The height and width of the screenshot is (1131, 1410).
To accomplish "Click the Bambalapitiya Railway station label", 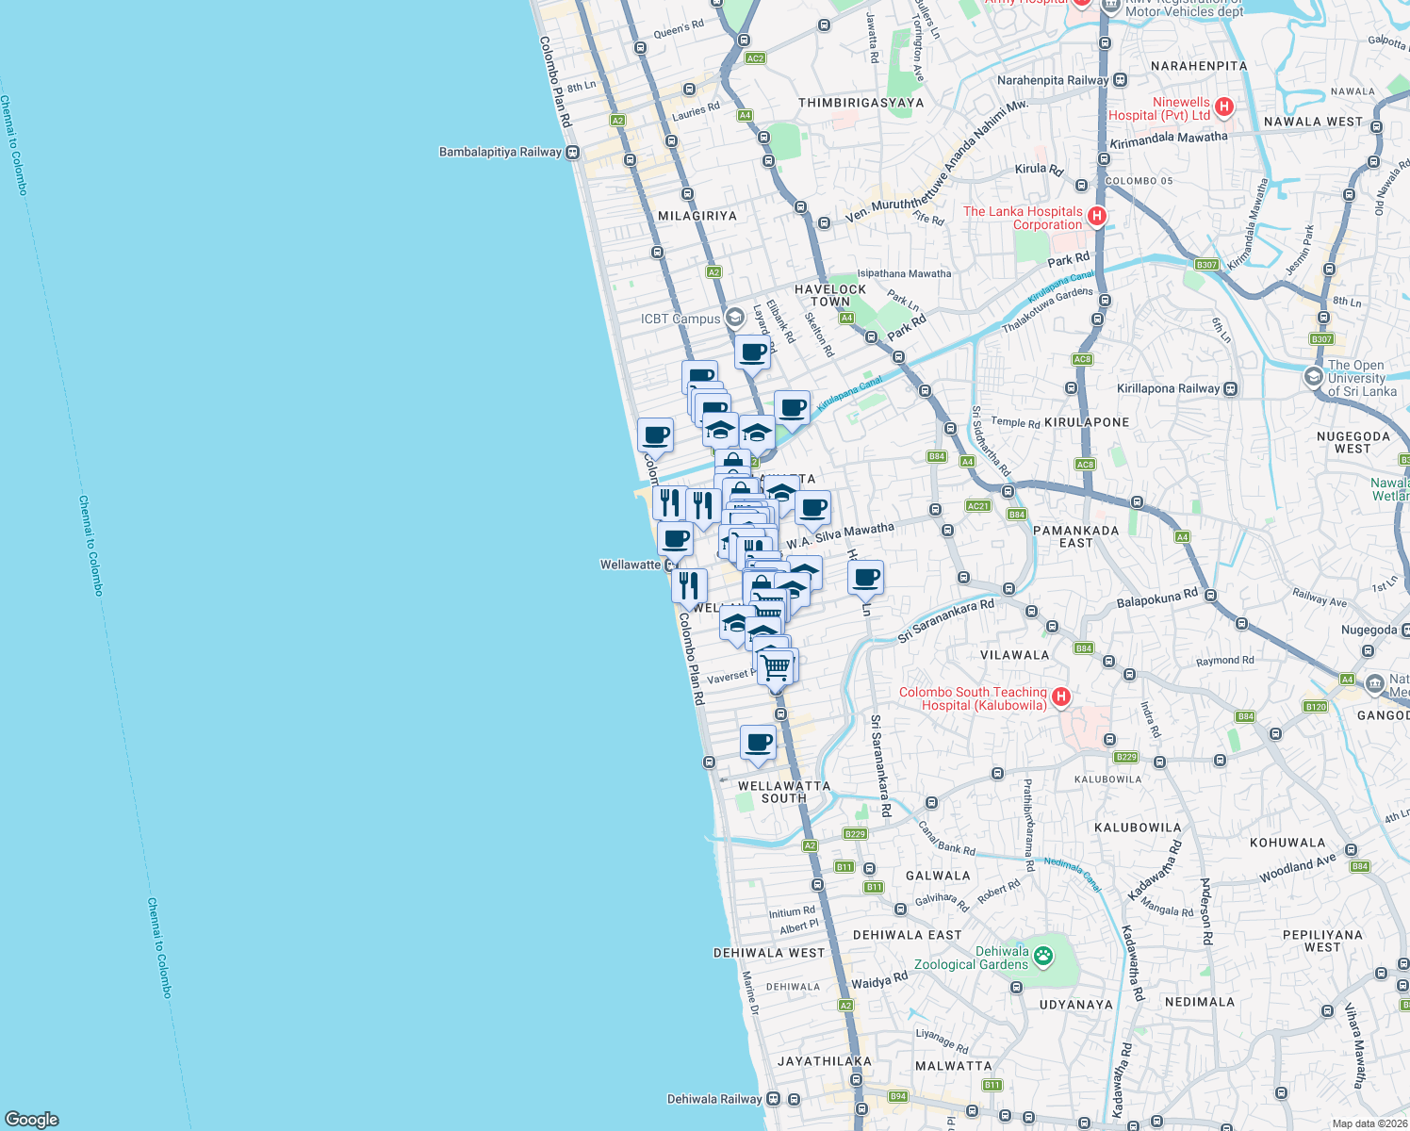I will [500, 152].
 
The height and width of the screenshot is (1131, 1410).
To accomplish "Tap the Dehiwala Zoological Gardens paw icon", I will [1043, 957].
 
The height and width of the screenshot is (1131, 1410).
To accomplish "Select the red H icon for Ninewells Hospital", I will [1224, 107].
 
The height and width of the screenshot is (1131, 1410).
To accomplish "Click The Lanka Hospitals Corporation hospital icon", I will [1096, 217].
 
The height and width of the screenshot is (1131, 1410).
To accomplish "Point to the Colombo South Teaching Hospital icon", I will [1061, 697].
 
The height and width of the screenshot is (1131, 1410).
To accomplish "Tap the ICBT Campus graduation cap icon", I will [734, 319].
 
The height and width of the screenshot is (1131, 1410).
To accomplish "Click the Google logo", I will [32, 1119].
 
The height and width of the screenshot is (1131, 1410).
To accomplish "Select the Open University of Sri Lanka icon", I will [1313, 377].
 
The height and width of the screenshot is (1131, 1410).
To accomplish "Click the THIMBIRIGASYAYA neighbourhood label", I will [861, 103].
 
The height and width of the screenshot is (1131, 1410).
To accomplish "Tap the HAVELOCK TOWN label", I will [830, 296].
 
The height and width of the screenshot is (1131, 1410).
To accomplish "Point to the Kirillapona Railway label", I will [1168, 388].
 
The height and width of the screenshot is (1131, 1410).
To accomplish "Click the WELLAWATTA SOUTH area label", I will [784, 792].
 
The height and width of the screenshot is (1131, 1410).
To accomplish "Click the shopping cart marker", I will [776, 668].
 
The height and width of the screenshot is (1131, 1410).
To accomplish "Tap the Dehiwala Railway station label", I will [713, 1099].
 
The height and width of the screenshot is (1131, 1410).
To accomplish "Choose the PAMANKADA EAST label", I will [1075, 536].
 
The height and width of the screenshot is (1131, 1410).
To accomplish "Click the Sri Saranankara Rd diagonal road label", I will [945, 621].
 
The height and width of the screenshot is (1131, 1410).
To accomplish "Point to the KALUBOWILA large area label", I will [1138, 828].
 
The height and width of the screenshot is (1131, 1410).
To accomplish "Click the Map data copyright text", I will [1369, 1123].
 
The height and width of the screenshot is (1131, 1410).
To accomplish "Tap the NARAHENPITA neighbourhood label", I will [1199, 66].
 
